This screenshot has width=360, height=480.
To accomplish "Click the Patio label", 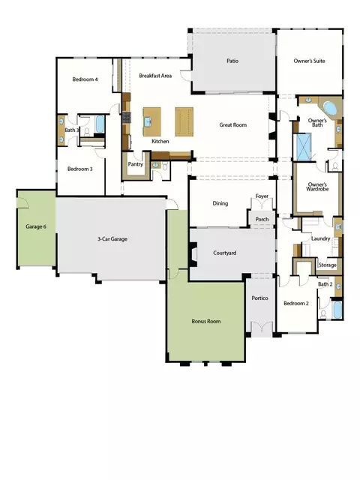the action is tap(232, 61).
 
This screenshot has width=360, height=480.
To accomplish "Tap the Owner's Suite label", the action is tap(309, 61).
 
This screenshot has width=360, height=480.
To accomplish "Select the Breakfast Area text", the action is tap(155, 76).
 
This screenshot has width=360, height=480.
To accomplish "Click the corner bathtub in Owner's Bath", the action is tap(330, 108).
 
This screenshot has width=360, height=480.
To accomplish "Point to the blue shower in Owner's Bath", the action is tap(301, 147).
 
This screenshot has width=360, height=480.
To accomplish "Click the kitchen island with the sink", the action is tap(151, 121).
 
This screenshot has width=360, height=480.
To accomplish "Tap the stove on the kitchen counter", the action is tap(127, 118).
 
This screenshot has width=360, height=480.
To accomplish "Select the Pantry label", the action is tap(135, 164).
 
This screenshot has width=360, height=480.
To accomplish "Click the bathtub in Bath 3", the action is tap(100, 124).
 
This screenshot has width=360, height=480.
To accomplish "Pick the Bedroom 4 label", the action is tap(85, 79).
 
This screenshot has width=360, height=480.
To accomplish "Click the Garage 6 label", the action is tap(36, 226).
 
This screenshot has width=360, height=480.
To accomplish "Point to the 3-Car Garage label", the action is tap(112, 238).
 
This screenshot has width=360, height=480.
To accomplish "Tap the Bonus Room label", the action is tap(206, 321).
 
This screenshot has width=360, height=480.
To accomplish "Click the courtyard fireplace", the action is tap(193, 253).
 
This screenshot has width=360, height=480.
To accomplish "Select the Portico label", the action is tap(259, 298).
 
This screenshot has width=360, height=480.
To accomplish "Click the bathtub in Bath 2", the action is tap(337, 310).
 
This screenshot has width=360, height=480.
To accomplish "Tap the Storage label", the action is tap(327, 265).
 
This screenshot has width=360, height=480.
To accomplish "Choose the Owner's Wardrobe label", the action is tap(317, 187).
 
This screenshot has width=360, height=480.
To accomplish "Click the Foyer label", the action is tap(262, 196).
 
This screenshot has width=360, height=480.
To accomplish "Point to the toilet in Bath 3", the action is tap(87, 132).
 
